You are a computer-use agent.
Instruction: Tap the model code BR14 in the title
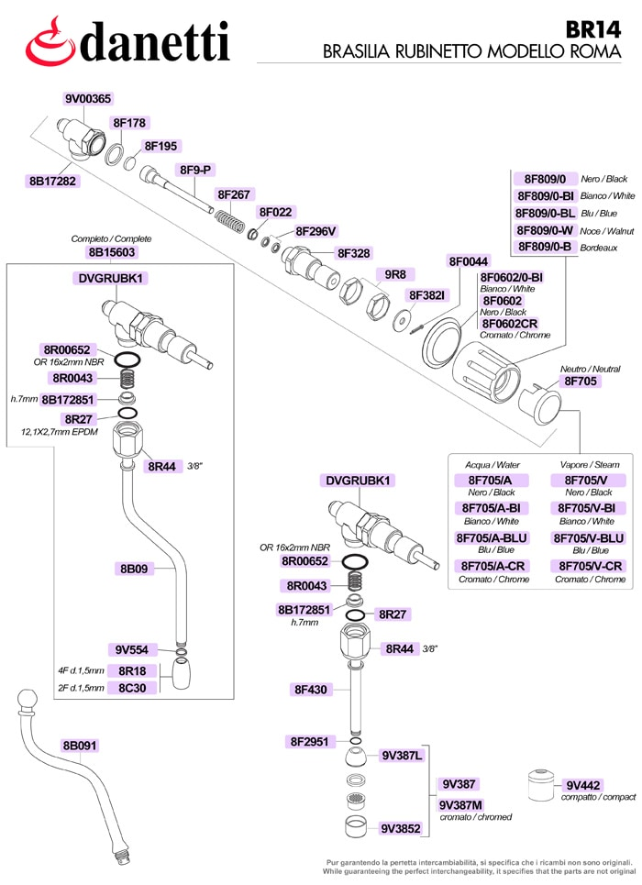(592, 30)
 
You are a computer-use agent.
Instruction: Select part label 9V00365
(87, 99)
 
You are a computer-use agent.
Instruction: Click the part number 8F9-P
(195, 170)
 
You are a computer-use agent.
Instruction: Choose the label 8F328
(353, 253)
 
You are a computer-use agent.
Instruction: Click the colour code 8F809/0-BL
(545, 213)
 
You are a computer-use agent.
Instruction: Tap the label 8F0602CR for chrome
(509, 324)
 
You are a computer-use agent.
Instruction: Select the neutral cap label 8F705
(581, 381)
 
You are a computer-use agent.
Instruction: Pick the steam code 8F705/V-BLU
(589, 538)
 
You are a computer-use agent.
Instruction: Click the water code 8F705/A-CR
(493, 566)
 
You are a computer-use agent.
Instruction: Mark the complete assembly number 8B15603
(112, 252)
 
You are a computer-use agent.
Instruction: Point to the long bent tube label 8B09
(134, 569)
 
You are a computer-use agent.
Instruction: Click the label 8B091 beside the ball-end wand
(80, 746)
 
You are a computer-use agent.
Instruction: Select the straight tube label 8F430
(311, 689)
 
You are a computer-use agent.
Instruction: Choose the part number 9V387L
(402, 755)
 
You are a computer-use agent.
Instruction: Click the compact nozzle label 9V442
(583, 785)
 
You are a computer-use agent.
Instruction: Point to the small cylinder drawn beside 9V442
(541, 784)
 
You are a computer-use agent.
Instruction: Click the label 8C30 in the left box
(132, 688)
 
